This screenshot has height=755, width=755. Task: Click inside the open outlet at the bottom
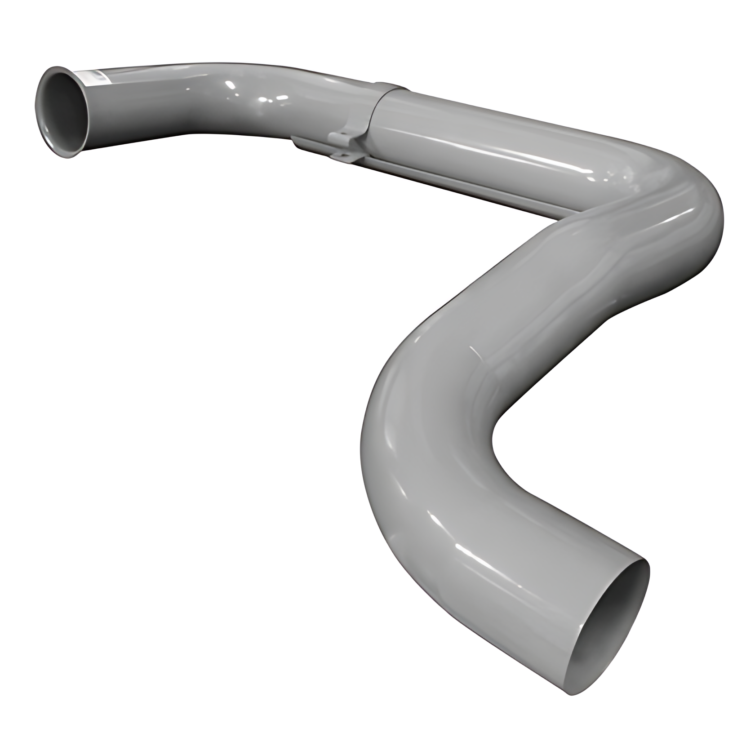pyautogui.click(x=616, y=629)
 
